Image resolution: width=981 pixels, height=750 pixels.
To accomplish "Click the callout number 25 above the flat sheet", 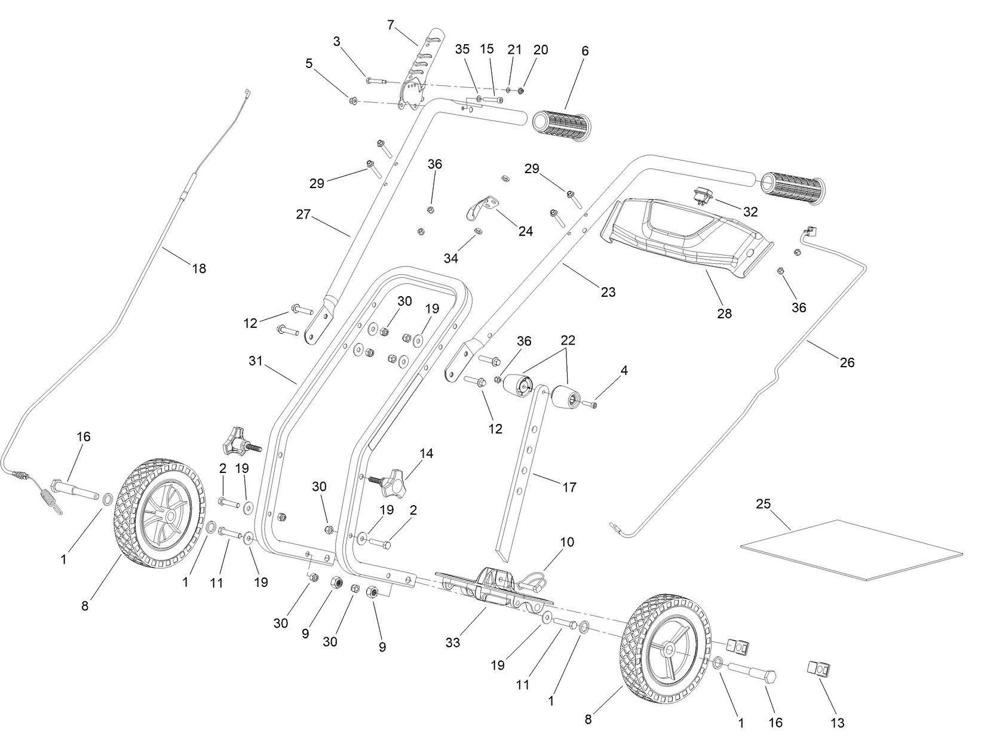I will point(763,503).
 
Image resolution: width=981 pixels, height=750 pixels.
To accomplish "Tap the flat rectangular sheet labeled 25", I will point(848,550).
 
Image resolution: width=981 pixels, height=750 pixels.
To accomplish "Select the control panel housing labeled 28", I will point(687,236).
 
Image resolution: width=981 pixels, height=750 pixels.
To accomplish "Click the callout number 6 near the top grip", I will point(584,51).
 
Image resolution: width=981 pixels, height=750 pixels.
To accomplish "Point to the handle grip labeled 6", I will point(561,125).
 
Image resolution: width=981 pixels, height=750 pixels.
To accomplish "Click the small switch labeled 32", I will point(701,195).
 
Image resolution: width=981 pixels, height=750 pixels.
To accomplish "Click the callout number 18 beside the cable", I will point(199,269).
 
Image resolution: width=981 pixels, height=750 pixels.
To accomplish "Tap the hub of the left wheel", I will point(170,515).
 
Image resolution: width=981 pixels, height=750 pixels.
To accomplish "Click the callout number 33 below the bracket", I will point(452,643).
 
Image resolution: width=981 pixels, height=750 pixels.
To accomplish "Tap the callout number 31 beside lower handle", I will point(256,361).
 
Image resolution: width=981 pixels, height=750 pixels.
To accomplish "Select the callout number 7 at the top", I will point(391,24).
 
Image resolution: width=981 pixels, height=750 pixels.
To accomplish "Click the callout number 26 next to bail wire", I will point(847,362).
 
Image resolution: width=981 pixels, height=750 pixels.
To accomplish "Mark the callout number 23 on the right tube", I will point(608,292).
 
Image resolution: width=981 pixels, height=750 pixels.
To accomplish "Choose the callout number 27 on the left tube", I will point(304,214).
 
